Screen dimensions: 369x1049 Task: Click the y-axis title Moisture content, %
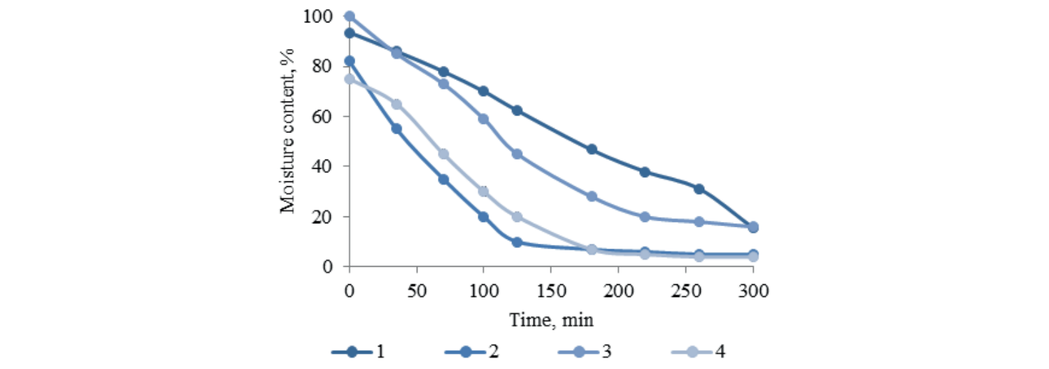click(x=287, y=131)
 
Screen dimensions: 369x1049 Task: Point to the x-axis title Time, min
click(x=551, y=320)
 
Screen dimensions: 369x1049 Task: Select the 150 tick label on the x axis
click(x=551, y=290)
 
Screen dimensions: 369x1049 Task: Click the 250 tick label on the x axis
click(x=685, y=290)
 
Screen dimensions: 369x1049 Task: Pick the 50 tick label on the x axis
click(x=417, y=290)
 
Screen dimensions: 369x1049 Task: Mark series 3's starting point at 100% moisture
click(x=350, y=16)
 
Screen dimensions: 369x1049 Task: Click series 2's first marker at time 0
click(x=350, y=61)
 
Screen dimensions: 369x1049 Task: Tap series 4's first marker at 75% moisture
click(x=350, y=79)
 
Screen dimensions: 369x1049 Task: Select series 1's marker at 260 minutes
click(x=699, y=189)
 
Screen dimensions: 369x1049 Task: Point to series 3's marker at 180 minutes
click(x=592, y=197)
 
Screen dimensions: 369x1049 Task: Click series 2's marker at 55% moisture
click(x=397, y=129)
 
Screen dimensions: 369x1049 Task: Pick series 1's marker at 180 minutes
click(x=592, y=149)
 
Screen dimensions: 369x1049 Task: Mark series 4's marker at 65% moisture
click(x=397, y=104)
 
